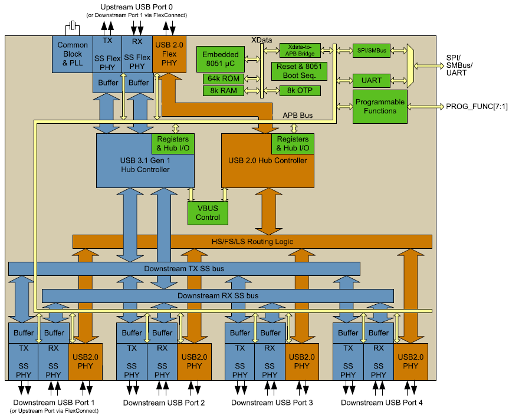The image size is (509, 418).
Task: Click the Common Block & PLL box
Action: (x=73, y=54)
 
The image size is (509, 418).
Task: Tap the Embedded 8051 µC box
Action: (x=221, y=59)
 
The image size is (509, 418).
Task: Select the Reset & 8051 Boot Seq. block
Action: (x=301, y=71)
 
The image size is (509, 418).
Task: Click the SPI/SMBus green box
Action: (x=372, y=51)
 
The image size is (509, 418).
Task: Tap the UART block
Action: (x=372, y=80)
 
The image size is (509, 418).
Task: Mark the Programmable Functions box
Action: (x=380, y=107)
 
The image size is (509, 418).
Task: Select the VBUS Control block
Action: (x=208, y=212)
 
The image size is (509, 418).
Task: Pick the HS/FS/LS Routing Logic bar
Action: (x=252, y=241)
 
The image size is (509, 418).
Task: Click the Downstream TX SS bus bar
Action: (x=184, y=269)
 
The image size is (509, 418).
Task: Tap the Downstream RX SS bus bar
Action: (x=218, y=295)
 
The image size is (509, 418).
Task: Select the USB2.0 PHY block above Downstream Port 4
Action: (x=411, y=361)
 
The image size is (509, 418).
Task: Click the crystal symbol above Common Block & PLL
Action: (x=73, y=26)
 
